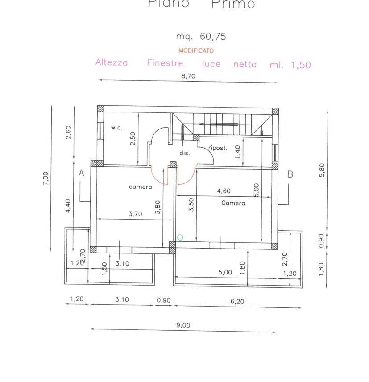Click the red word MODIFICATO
[x=196, y=51]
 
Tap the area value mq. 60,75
[x=201, y=37]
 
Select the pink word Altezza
[x=112, y=62]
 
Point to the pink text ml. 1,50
[x=290, y=65]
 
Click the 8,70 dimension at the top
[x=188, y=76]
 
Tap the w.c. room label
[x=117, y=128]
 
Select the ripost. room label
[x=218, y=148]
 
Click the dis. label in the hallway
[x=185, y=153]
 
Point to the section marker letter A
[x=82, y=173]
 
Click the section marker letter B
[x=290, y=174]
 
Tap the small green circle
[x=180, y=237]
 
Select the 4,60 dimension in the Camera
[x=224, y=191]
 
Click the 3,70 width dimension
[x=135, y=214]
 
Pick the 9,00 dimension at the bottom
[x=183, y=325]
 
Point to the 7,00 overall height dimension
[x=46, y=179]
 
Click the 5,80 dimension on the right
[x=323, y=170]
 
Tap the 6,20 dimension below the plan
[x=237, y=301]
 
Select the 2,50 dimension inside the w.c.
[x=133, y=138]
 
